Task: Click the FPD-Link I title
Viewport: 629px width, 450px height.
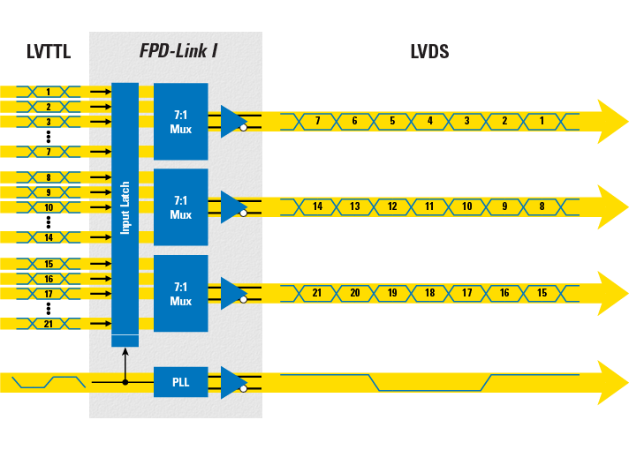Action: pos(178,51)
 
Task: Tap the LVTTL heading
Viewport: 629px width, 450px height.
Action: pos(48,52)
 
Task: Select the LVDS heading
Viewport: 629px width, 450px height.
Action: pos(429,52)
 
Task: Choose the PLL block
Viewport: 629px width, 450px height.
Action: pos(180,382)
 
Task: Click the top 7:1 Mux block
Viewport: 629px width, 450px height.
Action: pos(180,122)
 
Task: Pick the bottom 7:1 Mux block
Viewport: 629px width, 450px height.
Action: pos(180,294)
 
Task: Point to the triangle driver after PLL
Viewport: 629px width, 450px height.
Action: pos(232,382)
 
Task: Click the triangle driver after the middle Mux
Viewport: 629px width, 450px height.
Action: pos(232,206)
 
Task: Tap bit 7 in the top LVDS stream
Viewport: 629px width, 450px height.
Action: pos(317,121)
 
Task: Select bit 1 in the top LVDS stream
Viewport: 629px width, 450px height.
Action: pos(542,121)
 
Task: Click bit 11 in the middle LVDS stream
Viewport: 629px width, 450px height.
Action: pos(429,206)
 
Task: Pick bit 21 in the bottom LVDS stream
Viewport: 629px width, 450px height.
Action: pos(317,293)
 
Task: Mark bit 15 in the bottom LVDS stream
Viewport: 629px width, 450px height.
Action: pos(542,293)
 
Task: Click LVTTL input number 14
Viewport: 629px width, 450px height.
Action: pos(49,237)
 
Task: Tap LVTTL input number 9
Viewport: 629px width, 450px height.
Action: pos(49,192)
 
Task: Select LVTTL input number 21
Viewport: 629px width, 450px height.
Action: pos(49,324)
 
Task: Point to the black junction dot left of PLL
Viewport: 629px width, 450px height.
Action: pos(125,382)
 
